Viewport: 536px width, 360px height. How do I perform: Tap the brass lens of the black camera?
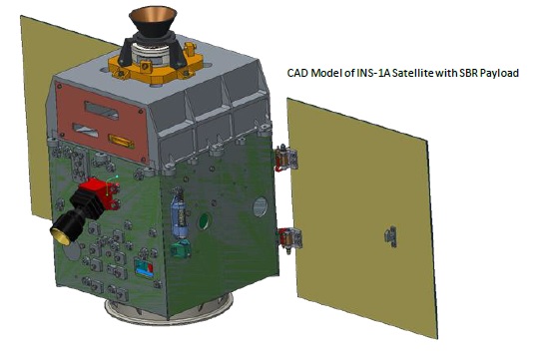[x=61, y=235]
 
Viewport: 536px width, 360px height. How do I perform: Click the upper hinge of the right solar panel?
[x=286, y=158]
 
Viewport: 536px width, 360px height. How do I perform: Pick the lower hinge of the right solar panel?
[x=289, y=238]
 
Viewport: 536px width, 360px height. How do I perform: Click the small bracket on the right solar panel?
[x=391, y=236]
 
